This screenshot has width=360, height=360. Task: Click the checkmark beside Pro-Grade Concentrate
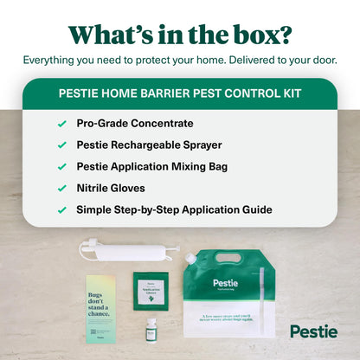(61, 124)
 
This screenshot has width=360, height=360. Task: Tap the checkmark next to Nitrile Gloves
(61, 187)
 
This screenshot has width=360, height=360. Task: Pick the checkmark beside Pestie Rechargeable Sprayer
(61, 145)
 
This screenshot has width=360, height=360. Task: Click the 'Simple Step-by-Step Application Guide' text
(174, 209)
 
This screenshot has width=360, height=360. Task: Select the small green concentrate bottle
(151, 330)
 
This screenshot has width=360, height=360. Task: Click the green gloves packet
(151, 288)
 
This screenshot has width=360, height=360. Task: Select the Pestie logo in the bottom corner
(313, 331)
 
